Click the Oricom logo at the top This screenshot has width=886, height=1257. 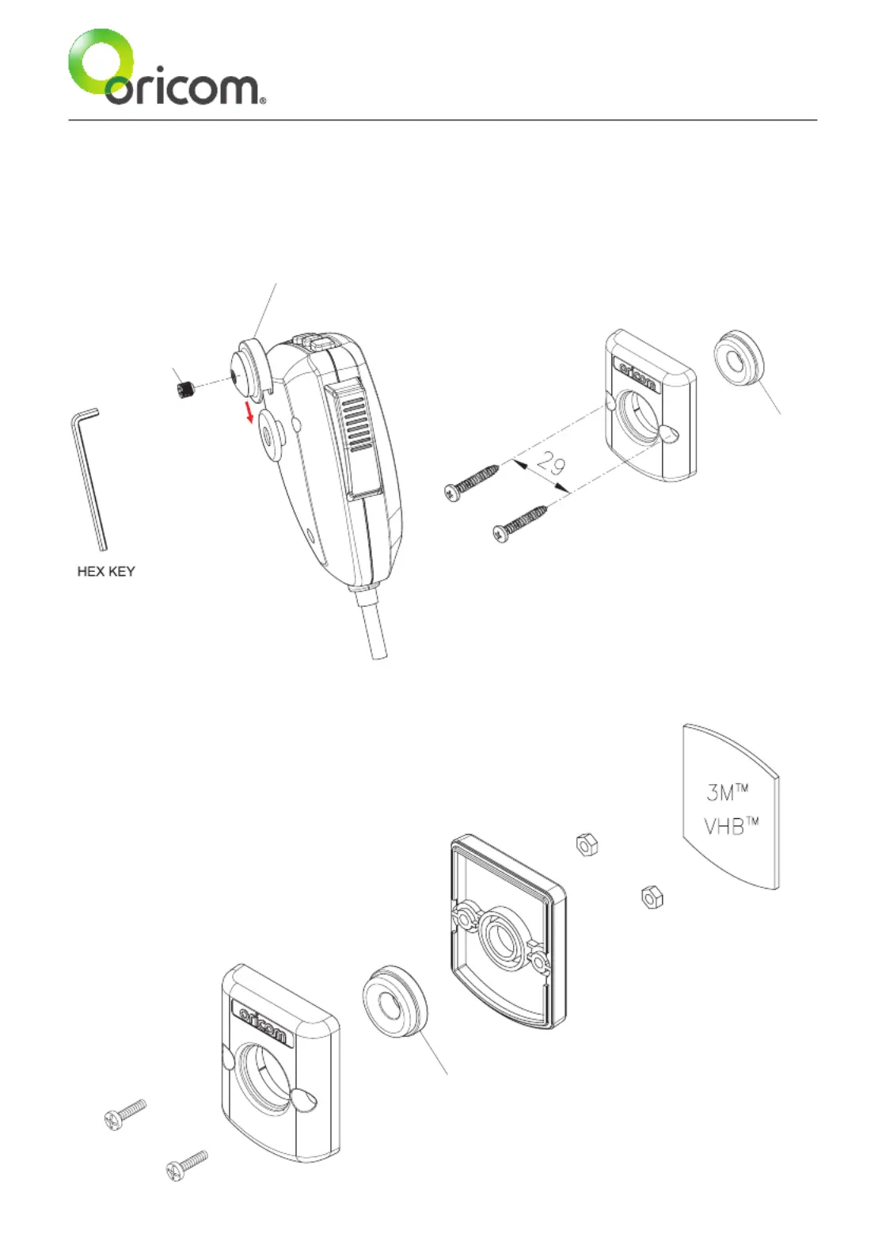tap(166, 70)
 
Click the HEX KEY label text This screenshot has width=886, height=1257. tap(105, 571)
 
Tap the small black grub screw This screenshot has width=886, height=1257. tap(185, 389)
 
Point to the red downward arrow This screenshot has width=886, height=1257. tap(249, 411)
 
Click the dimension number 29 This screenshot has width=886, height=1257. tap(551, 463)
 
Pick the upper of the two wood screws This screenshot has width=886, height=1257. tap(473, 481)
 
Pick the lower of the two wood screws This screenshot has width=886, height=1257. tap(520, 523)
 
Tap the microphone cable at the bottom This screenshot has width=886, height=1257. tap(375, 626)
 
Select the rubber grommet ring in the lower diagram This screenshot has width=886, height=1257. tap(394, 1004)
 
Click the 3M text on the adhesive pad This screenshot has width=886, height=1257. tap(727, 791)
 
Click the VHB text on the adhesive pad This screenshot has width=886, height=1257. tap(730, 826)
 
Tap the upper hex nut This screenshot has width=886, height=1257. tap(587, 844)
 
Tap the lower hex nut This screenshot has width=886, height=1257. tap(652, 897)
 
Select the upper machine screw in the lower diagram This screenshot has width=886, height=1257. tap(125, 1112)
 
